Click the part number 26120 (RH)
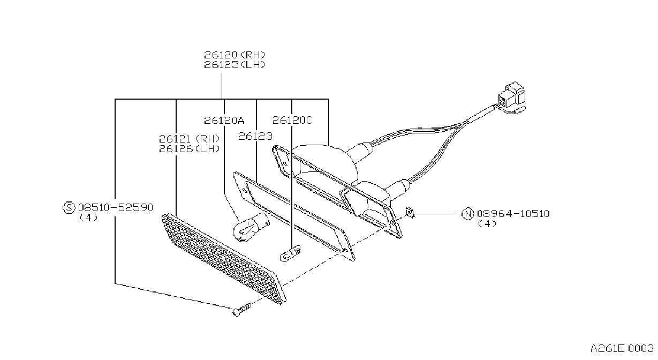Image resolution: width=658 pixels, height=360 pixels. click(x=235, y=55)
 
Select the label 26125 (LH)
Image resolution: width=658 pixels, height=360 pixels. click(x=235, y=65)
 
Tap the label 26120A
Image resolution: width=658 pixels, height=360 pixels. click(x=224, y=120)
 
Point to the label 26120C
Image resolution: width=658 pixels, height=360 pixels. click(x=292, y=120)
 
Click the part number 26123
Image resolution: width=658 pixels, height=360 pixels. click(x=255, y=136)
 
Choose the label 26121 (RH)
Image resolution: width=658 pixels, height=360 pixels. click(x=189, y=138)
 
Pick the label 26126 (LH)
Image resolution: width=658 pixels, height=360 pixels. click(x=189, y=149)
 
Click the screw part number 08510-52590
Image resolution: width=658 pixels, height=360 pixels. click(x=116, y=207)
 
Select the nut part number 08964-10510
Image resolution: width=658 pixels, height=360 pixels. click(x=513, y=213)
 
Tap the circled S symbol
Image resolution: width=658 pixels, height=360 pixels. click(x=69, y=208)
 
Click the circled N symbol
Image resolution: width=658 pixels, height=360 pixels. click(x=467, y=214)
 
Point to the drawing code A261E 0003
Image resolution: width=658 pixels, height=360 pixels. click(x=622, y=349)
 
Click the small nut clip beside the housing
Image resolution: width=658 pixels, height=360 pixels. click(x=410, y=213)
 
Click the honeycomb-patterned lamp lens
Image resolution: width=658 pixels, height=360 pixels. click(x=224, y=259)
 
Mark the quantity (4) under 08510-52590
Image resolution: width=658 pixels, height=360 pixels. click(x=88, y=217)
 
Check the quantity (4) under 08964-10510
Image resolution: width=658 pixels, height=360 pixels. click(x=487, y=224)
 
